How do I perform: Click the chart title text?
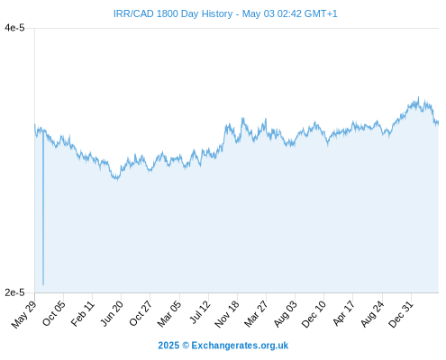coord(225,13)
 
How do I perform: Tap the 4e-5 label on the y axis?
coord(14,28)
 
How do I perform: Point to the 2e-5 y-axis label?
coord(14,292)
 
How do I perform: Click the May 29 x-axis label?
coord(24,314)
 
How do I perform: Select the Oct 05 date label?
coord(54,313)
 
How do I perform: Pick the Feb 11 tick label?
coord(83,313)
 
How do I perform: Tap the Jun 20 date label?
coord(112,313)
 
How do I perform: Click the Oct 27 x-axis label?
coord(141,313)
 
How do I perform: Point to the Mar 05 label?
coord(169,313)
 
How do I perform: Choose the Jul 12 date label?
coord(200,312)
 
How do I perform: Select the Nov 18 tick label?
coord(227,314)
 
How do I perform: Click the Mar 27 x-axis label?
coord(256,313)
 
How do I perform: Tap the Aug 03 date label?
coord(286,313)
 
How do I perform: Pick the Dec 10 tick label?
coord(314,314)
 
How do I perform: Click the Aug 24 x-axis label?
coord(372,313)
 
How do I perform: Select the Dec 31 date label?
coord(401,314)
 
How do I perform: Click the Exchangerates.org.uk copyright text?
coord(223,346)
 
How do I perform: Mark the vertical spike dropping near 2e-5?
coord(43,208)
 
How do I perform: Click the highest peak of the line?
coord(418,97)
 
